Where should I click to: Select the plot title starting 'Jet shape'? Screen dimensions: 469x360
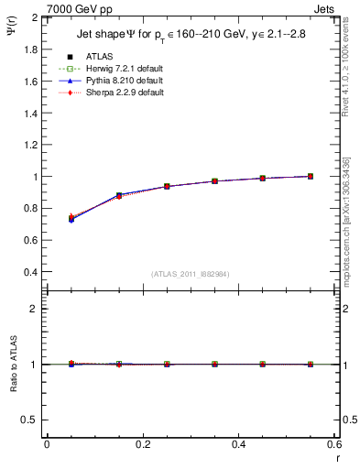point(186,37)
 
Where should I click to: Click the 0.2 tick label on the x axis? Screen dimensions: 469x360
point(142,444)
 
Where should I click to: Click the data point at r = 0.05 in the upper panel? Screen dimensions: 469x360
point(71,219)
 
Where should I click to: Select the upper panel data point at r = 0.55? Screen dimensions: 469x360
point(311,176)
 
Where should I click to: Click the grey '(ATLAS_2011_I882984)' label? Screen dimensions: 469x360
point(190,275)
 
